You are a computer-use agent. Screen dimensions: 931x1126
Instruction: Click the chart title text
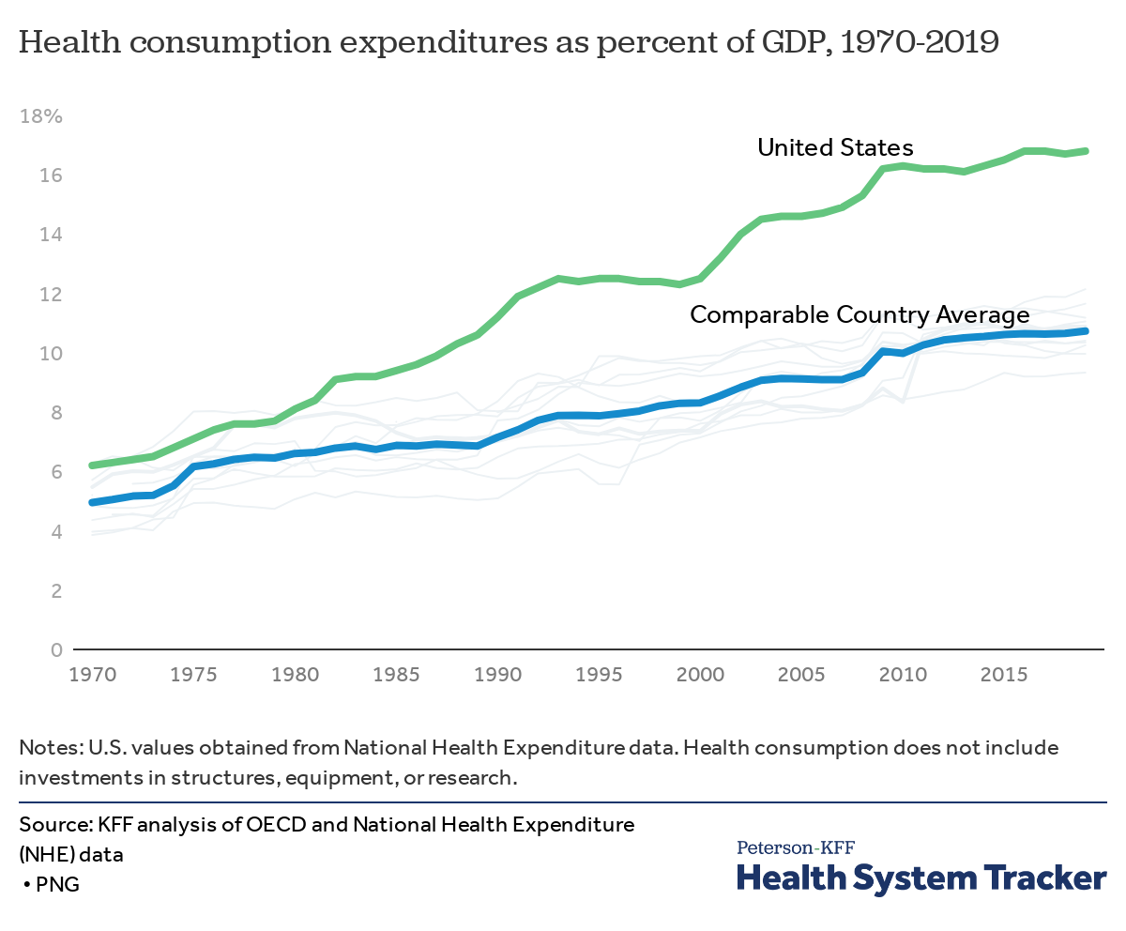pos(508,43)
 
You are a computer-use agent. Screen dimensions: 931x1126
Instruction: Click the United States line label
pos(835,147)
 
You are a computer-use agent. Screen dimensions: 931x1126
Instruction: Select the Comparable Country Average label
pos(860,315)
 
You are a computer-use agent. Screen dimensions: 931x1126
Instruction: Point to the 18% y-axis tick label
pos(40,117)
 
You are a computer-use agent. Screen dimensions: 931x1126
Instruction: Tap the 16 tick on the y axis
pos(50,176)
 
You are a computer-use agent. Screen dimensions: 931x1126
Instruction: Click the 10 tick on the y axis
pos(50,354)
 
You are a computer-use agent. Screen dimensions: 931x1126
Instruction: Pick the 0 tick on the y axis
pos(55,650)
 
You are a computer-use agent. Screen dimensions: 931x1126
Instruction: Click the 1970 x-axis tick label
pos(92,674)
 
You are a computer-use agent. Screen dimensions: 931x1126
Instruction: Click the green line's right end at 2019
pos(1086,151)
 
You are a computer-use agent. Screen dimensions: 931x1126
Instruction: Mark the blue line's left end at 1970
pos(92,502)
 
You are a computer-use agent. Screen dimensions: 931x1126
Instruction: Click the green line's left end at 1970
pos(92,465)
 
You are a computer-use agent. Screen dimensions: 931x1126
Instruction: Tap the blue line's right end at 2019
pos(1086,330)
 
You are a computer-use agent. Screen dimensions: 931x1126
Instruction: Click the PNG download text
pos(57,884)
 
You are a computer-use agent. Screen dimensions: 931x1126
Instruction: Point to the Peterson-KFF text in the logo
pos(796,847)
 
